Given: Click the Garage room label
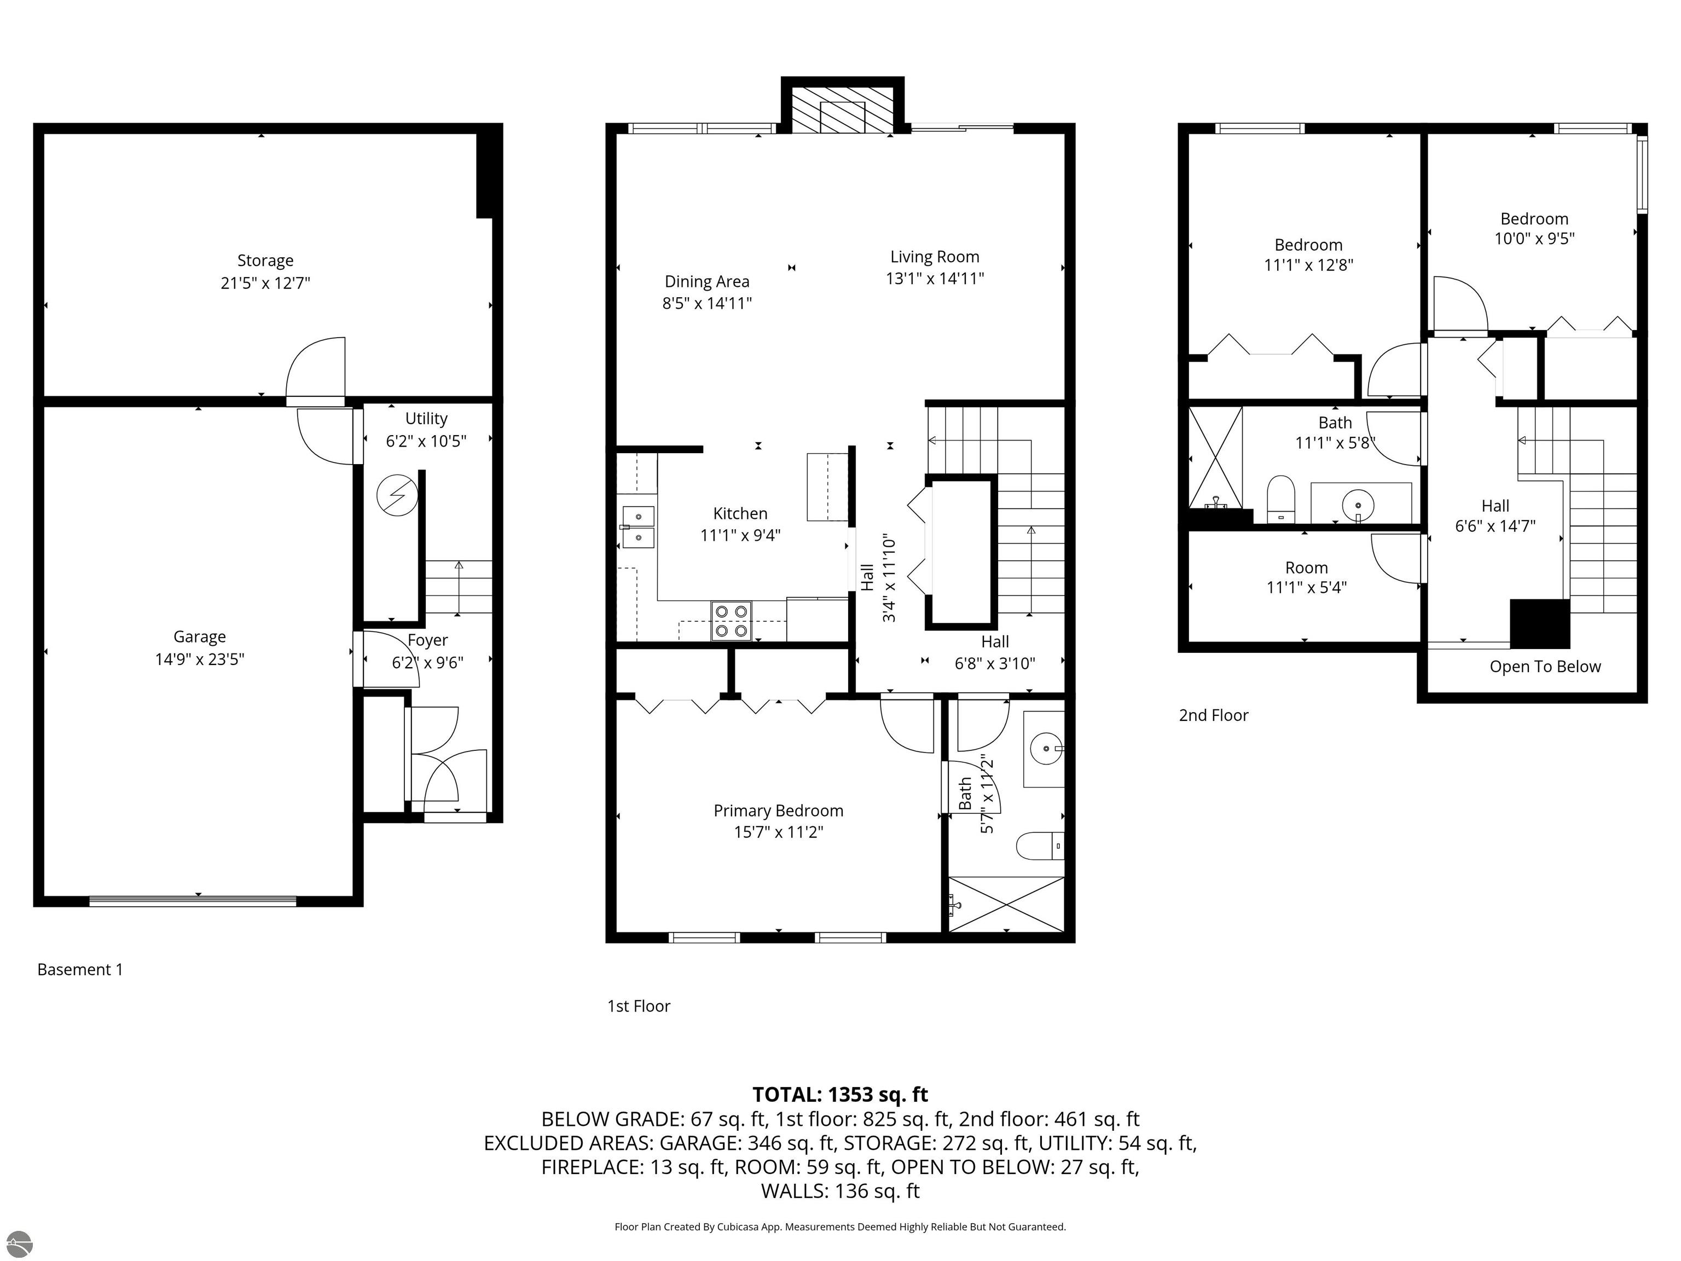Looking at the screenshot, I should [x=199, y=636].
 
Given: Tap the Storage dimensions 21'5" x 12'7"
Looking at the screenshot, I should [x=265, y=283].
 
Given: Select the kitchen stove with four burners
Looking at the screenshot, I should [x=731, y=620].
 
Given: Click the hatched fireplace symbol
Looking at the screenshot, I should [x=843, y=118].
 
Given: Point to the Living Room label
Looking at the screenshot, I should [x=934, y=257].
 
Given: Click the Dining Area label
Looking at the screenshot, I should [x=707, y=281].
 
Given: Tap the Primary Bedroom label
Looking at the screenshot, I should [x=778, y=810].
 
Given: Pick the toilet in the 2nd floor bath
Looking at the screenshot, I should [x=1280, y=499].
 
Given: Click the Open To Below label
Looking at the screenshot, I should [x=1544, y=667].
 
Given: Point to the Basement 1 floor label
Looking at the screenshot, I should [x=80, y=969].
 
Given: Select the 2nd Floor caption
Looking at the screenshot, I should [x=1213, y=715].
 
